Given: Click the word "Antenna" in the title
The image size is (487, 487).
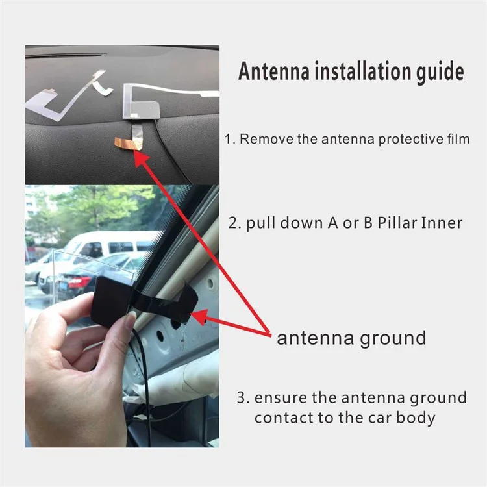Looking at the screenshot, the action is tap(274, 71).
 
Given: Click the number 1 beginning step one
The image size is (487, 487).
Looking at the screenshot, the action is tap(229, 139).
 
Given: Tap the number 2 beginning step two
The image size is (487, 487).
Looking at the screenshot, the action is tap(233, 223).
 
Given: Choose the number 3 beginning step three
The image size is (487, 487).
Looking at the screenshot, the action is tap(242, 398).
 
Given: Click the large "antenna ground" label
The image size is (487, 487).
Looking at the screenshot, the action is tap(351, 339).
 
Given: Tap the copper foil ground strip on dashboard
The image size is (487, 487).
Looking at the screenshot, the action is tap(127, 144).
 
